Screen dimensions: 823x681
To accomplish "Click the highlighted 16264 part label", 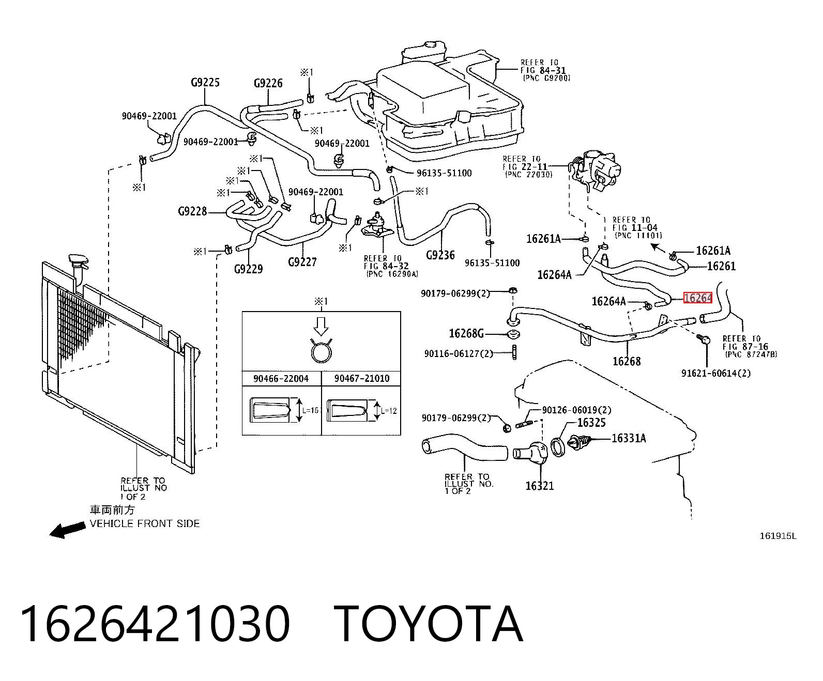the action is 698,298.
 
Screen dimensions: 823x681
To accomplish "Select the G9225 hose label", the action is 205,82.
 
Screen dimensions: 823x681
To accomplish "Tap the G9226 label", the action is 268,83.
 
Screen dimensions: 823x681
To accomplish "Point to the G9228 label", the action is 192,212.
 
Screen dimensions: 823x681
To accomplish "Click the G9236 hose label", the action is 440,255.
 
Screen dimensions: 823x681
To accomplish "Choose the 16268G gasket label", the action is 466,334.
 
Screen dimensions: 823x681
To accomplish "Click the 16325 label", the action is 591,423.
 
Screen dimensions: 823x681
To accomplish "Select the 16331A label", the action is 629,438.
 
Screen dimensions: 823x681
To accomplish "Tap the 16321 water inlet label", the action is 540,486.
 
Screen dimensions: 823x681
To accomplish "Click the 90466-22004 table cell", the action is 281,379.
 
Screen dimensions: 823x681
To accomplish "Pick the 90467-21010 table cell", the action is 362,379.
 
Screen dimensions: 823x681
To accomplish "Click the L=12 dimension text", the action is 389,411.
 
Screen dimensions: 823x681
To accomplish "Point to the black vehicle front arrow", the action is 67,530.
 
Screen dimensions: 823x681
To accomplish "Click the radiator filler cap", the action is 78,261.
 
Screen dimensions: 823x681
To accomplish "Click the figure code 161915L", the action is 778,536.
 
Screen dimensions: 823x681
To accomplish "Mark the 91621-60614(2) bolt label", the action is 716,373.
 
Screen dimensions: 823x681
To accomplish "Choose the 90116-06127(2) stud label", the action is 459,353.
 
